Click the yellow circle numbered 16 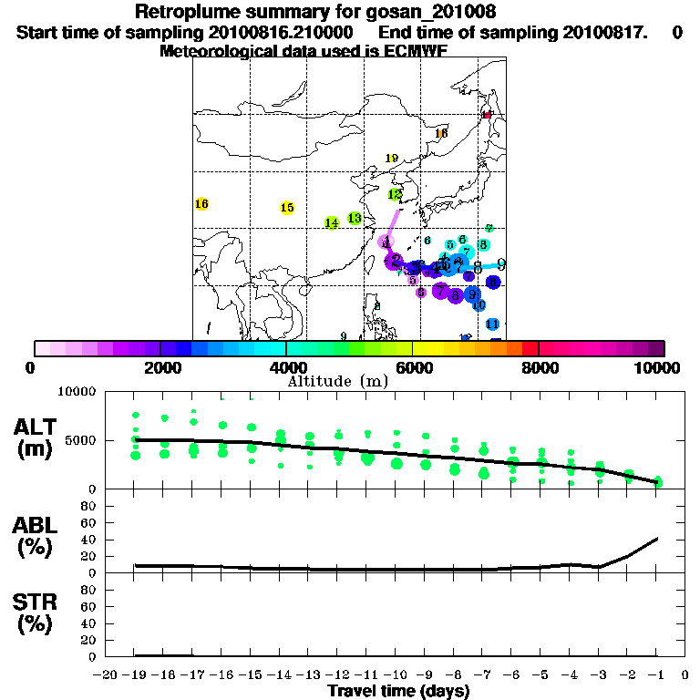202,204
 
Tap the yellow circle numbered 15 287,208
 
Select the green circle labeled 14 332,222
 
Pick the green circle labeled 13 355,218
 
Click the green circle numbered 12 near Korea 396,194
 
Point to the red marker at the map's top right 488,115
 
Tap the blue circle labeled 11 492,324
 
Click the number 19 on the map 393,159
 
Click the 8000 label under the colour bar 539,367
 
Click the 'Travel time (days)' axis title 398,691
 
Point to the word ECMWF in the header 415,51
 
